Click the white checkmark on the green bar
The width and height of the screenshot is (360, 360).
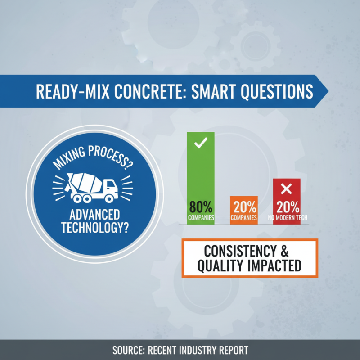201,144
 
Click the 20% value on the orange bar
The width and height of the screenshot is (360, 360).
244,208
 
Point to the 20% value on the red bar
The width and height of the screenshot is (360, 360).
287,208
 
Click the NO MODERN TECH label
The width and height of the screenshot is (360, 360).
287,218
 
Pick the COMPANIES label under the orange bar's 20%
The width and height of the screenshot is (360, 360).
244,218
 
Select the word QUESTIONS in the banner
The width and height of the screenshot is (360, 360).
275,91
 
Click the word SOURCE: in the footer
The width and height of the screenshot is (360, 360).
130,350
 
